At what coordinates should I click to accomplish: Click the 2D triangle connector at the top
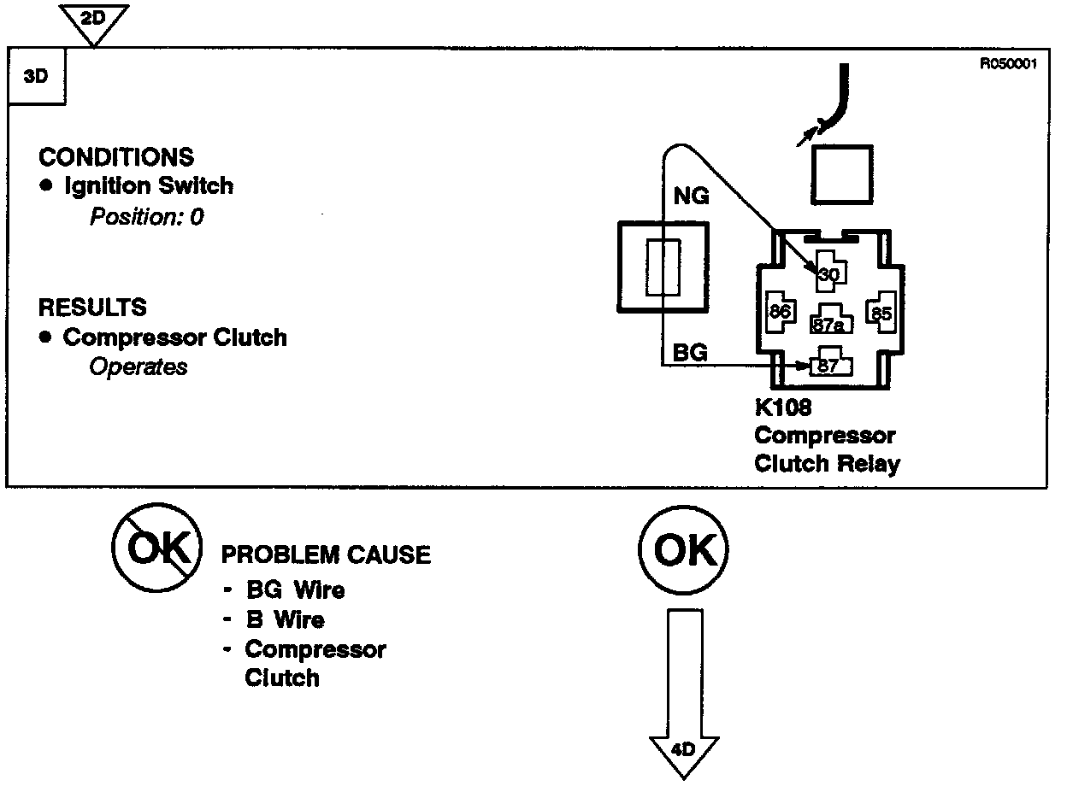click(x=95, y=19)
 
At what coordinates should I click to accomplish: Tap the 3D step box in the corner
click(x=36, y=75)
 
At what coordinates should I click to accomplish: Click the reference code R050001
click(x=1009, y=63)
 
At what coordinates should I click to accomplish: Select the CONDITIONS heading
click(x=116, y=157)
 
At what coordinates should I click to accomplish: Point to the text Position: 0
click(x=146, y=216)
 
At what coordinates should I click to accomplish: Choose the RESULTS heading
click(x=92, y=307)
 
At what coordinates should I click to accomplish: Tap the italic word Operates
click(x=138, y=367)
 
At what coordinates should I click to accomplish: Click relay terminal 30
click(x=828, y=274)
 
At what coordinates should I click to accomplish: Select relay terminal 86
click(x=779, y=312)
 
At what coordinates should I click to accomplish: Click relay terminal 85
click(x=880, y=313)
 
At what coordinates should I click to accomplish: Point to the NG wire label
click(x=691, y=196)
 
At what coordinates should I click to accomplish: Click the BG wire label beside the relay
click(x=690, y=352)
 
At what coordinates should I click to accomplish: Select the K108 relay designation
click(x=782, y=408)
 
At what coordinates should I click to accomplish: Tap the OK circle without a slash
click(x=682, y=551)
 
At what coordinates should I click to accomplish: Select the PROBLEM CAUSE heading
click(x=326, y=555)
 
